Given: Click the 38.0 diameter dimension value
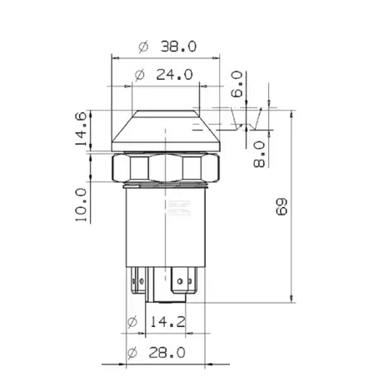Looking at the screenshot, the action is pos(178,47).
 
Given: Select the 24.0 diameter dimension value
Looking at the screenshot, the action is pos(174,74).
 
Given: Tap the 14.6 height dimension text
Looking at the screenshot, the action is pos(81,129).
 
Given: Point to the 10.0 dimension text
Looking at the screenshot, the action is pos(81,205).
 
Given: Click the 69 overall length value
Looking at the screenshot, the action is pos(282,206).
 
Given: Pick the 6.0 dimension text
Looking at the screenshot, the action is pos(237,84).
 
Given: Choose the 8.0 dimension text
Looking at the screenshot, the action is pos(259,154).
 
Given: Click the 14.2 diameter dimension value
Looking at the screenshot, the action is pos(167,322).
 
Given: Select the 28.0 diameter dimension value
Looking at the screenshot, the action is pos(167,353).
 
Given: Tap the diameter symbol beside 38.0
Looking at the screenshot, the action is pos(143,47).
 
